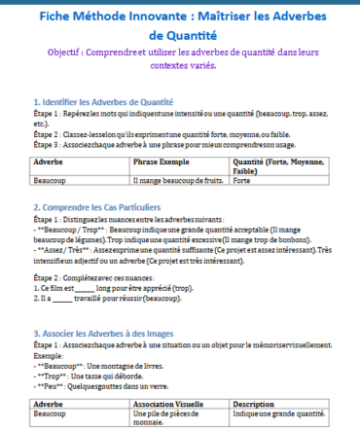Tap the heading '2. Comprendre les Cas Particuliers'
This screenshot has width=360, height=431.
[x=97, y=207]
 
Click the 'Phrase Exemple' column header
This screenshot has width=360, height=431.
[x=162, y=163]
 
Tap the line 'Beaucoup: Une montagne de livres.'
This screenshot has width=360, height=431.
[x=102, y=363]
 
